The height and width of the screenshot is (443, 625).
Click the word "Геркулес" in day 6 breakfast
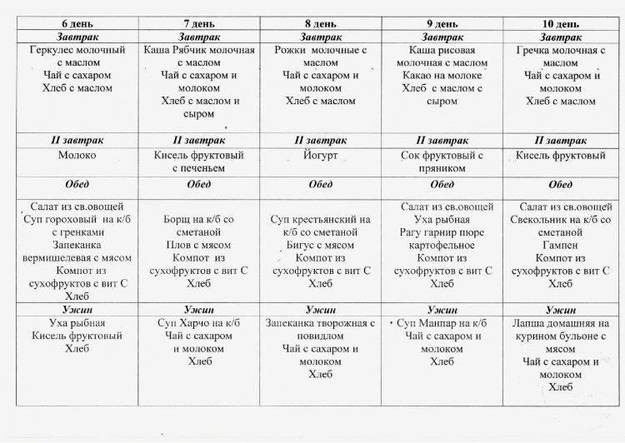(52, 52)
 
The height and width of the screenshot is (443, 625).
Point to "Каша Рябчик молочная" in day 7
(198, 52)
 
